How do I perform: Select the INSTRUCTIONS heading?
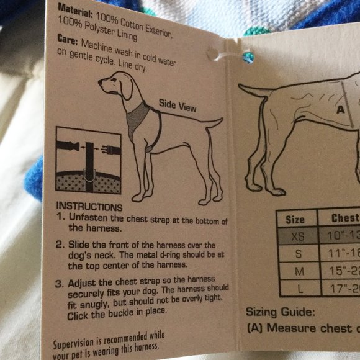(x=89, y=207)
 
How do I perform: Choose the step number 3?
(x=60, y=284)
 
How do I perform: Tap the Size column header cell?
(x=295, y=219)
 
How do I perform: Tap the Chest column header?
(x=344, y=218)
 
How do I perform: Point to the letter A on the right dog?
(x=340, y=110)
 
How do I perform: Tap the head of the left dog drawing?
(x=118, y=85)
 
